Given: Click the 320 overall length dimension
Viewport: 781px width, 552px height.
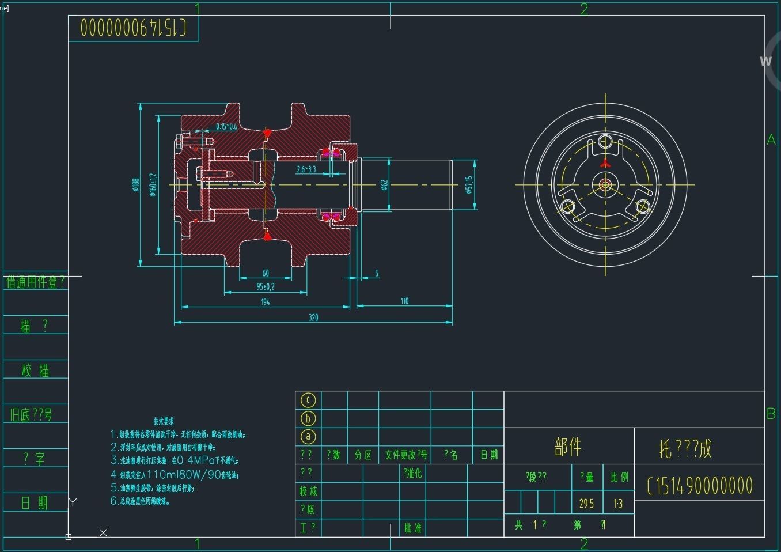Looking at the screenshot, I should click(313, 317).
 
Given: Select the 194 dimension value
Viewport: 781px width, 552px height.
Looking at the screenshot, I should click(265, 302).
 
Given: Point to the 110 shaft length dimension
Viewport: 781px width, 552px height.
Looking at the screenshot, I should click(404, 301).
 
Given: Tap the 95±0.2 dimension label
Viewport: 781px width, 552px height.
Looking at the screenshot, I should click(266, 286).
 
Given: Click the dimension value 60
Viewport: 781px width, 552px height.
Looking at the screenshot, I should click(266, 273).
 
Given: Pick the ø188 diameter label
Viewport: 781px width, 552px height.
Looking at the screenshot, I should click(135, 184).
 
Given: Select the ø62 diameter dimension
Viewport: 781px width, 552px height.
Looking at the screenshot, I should click(384, 184).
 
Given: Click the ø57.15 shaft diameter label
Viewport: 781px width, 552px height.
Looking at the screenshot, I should click(469, 184).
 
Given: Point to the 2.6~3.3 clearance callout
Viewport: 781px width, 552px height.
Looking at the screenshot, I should click(306, 169).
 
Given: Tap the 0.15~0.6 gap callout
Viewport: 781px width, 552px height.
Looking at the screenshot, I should click(226, 127).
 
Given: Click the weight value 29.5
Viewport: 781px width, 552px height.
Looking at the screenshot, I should click(586, 504).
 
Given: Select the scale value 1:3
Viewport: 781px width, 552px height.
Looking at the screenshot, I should click(618, 504).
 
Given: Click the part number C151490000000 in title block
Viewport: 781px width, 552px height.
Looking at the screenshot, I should click(699, 486).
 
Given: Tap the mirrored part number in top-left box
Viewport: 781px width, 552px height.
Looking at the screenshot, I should click(133, 27).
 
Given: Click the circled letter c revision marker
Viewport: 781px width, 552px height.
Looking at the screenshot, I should click(308, 400).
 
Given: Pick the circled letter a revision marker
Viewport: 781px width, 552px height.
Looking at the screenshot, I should click(308, 437).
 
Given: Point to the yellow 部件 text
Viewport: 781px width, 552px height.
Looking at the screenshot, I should click(568, 447).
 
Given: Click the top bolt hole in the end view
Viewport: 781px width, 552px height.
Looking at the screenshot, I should click(605, 141).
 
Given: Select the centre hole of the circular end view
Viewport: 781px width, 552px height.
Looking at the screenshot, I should click(605, 184).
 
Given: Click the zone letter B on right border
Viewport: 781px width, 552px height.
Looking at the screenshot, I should click(771, 413).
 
